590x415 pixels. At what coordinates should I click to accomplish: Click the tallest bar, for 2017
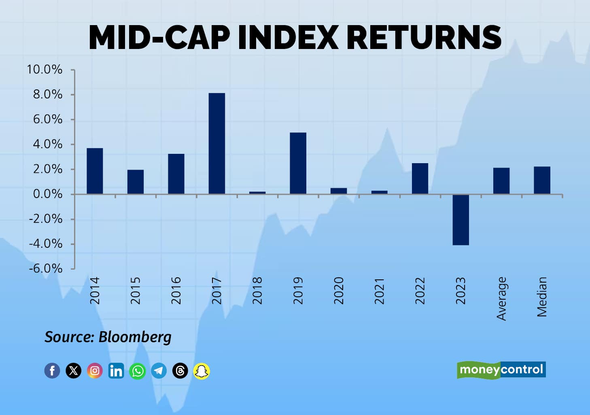(217, 143)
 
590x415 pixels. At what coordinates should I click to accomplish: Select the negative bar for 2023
(461, 220)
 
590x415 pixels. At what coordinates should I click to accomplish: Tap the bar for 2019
(298, 163)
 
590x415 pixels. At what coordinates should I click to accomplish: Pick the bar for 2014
(95, 171)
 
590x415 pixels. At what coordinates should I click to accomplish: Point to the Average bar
(501, 181)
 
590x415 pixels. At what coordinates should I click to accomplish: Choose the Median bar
(542, 180)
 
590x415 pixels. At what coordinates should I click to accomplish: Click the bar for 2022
(420, 179)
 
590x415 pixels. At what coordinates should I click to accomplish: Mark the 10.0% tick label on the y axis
(45, 70)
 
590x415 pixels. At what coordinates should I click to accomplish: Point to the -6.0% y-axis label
(45, 268)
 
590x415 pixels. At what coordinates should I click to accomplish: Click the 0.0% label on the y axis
(47, 194)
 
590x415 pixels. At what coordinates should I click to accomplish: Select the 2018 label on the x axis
(257, 291)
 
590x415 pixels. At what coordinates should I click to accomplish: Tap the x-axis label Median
(542, 296)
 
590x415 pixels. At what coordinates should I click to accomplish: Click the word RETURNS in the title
(424, 37)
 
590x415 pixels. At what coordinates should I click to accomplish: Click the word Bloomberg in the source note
(135, 337)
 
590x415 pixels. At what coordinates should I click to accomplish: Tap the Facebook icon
(52, 370)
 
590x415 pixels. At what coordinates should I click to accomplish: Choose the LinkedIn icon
(116, 370)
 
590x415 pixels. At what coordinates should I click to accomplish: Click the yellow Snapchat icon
(202, 370)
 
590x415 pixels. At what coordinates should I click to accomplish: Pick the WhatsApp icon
(138, 370)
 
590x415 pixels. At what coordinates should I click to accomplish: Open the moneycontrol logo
(501, 370)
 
